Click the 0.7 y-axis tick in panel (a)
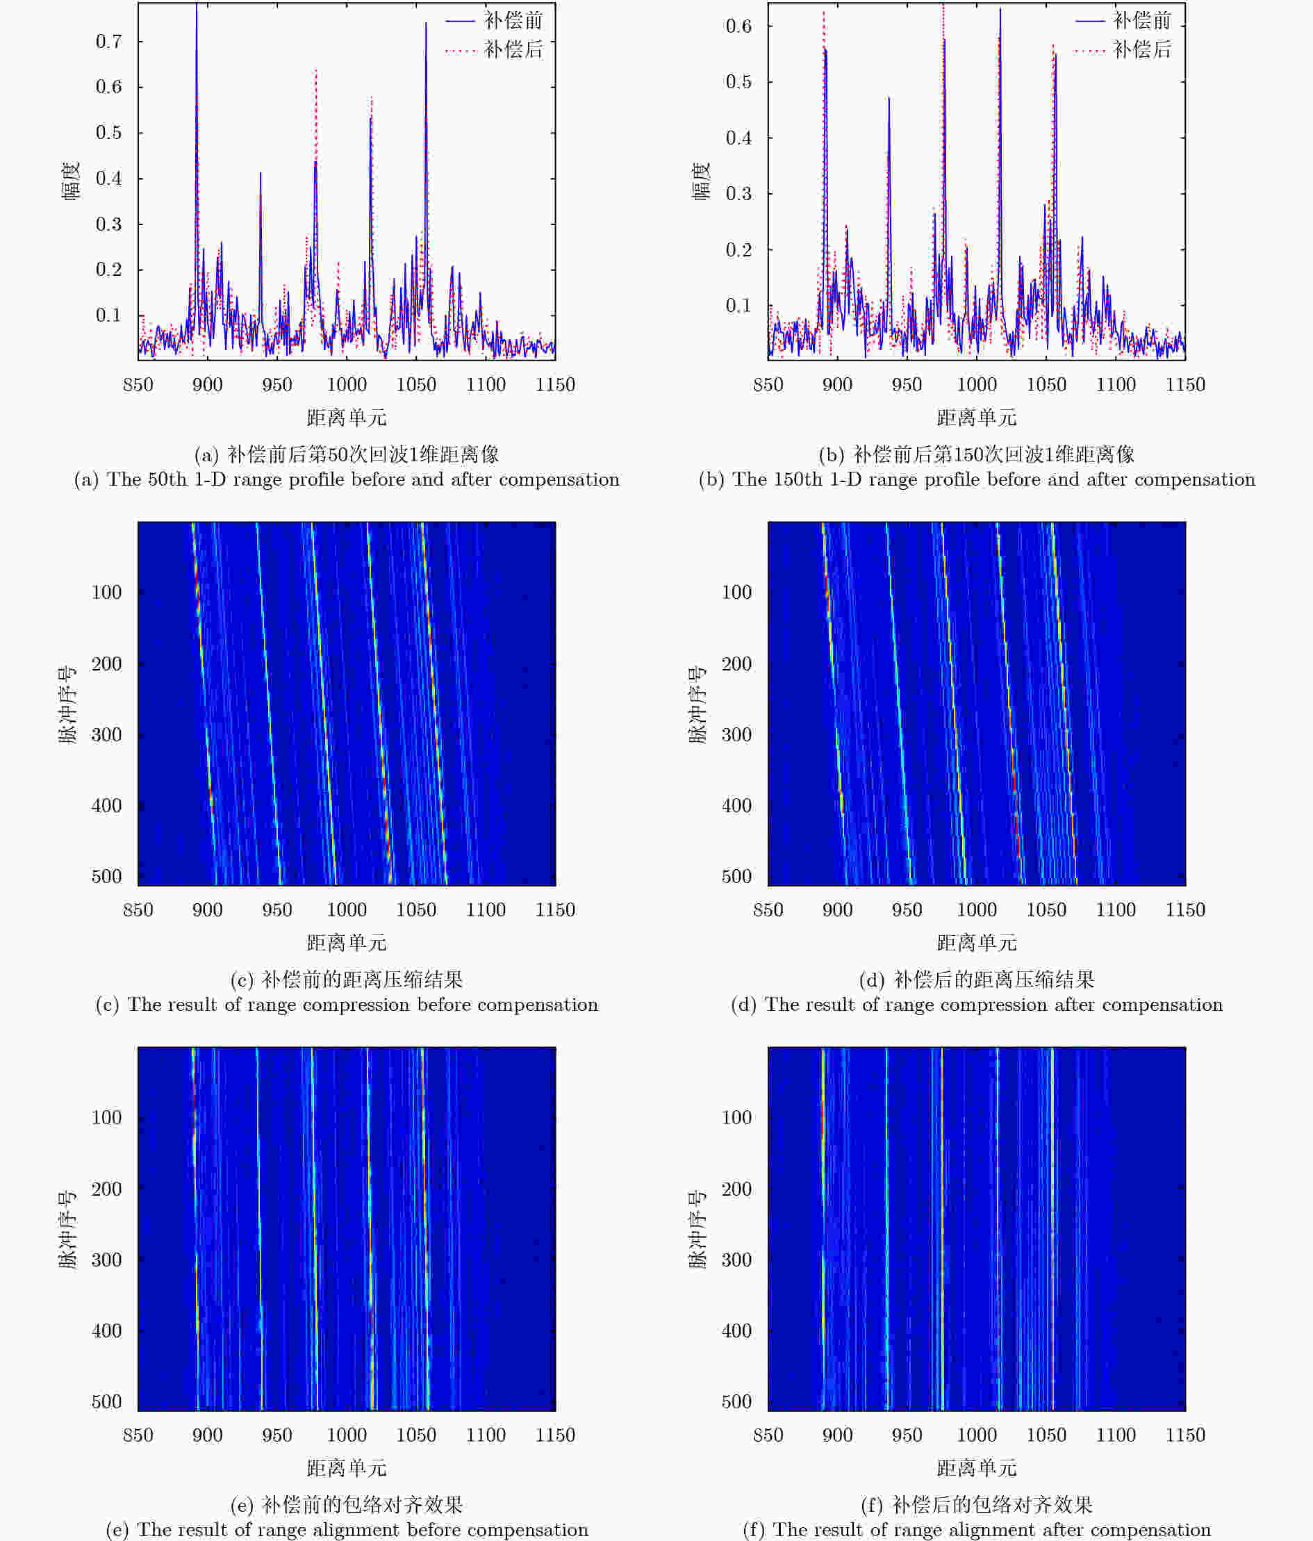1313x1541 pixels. pyautogui.click(x=108, y=42)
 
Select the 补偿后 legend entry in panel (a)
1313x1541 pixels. pyautogui.click(x=513, y=50)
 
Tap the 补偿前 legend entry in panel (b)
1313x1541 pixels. pyautogui.click(x=1142, y=21)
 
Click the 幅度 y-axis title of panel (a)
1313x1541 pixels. pyautogui.click(x=72, y=181)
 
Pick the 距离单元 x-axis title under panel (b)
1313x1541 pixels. pyautogui.click(x=976, y=418)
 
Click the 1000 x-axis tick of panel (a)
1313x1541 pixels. pyautogui.click(x=347, y=384)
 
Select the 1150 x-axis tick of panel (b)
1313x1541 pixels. pyautogui.click(x=1185, y=384)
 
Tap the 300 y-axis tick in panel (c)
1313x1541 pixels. pyautogui.click(x=106, y=735)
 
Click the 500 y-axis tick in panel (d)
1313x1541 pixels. pyautogui.click(x=737, y=876)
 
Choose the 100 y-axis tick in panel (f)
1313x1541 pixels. pyautogui.click(x=737, y=1118)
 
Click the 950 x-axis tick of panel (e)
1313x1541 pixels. pyautogui.click(x=276, y=1435)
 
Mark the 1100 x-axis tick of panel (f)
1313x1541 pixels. pyautogui.click(x=1115, y=1435)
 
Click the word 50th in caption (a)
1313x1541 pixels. pyautogui.click(x=167, y=479)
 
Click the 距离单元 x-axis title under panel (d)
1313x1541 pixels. pyautogui.click(x=976, y=943)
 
